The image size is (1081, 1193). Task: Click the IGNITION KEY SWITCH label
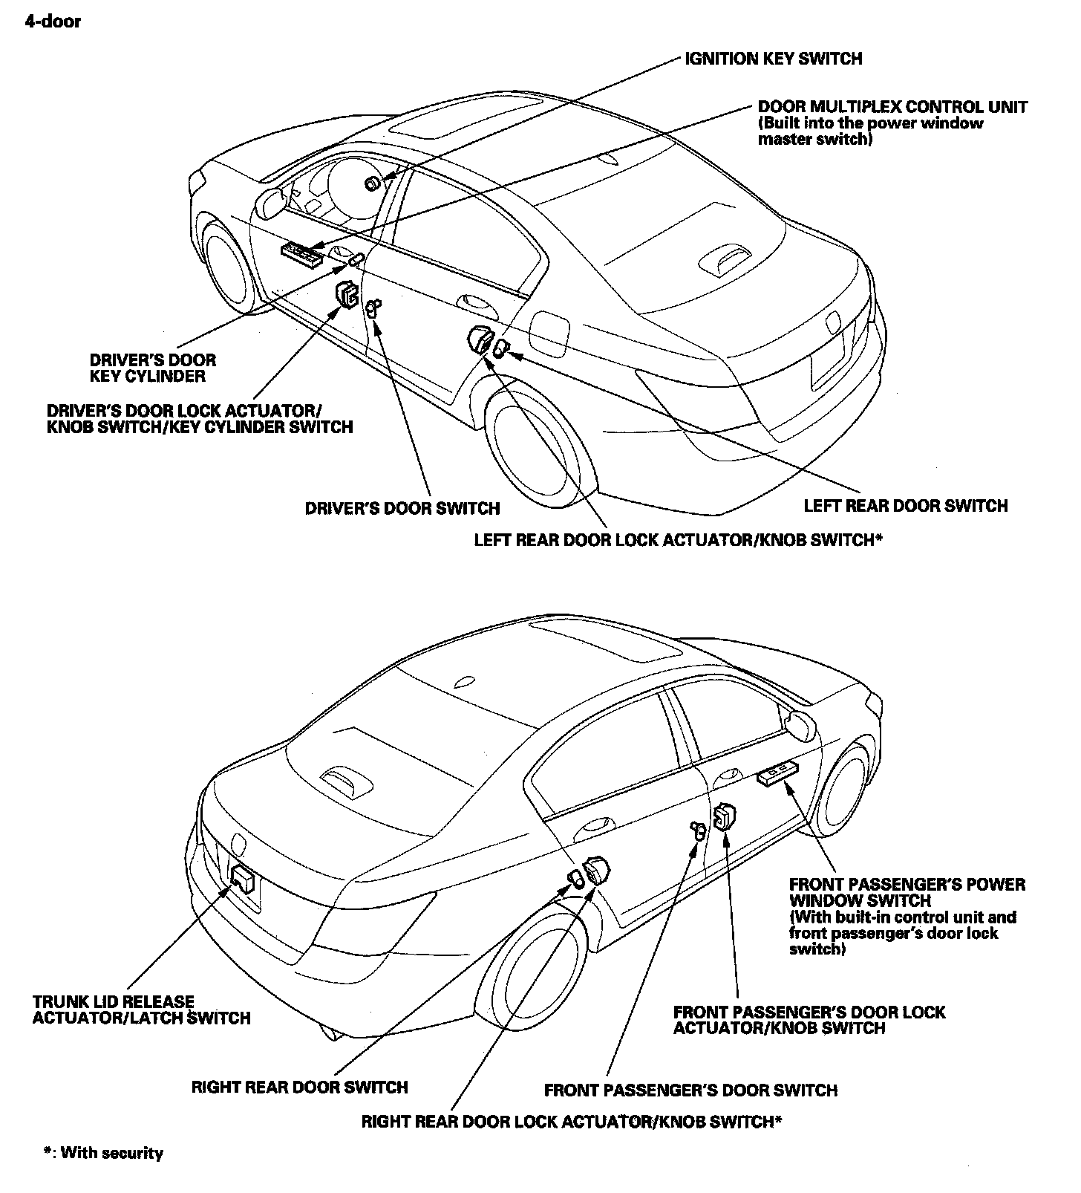coord(773,59)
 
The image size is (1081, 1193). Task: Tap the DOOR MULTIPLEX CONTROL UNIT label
coord(892,107)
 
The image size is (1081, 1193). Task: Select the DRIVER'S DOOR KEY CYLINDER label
coord(152,368)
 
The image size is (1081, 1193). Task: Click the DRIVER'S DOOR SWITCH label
coord(402,509)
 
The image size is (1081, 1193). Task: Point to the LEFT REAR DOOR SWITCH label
coord(905,506)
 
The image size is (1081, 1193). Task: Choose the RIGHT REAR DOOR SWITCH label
coord(299,1088)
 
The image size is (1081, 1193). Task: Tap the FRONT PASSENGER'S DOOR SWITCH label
coord(690,1090)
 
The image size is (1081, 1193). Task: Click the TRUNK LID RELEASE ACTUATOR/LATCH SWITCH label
coord(141,1010)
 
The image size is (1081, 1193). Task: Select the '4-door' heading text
coord(53,22)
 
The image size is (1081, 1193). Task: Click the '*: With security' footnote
coord(103,1153)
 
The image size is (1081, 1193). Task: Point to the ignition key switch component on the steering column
coord(372,183)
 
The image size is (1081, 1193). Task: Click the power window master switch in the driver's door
coord(301,255)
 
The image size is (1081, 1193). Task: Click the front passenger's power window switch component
coord(777,773)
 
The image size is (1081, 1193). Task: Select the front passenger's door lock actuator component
coord(722,816)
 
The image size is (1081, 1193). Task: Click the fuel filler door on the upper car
coord(550,334)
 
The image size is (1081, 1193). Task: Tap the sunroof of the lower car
coord(605,644)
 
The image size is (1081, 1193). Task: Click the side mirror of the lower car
coord(800,724)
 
